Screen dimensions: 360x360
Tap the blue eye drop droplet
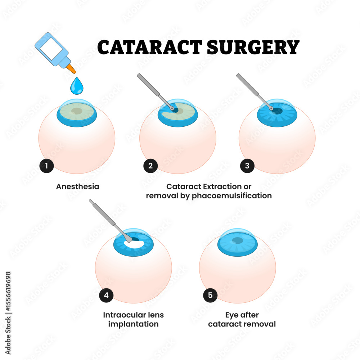[x=76, y=86]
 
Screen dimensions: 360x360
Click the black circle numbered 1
[x=46, y=166]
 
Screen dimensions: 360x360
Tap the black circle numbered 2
[x=150, y=166]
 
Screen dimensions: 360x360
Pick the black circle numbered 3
[x=247, y=166]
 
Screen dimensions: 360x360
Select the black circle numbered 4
[x=106, y=296]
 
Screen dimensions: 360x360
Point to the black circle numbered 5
[x=210, y=296]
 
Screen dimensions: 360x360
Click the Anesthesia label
[x=78, y=187]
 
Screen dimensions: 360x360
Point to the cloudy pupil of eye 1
[x=76, y=111]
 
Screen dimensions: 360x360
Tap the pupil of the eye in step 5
[x=237, y=240]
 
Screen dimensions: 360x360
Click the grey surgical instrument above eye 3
[x=252, y=89]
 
